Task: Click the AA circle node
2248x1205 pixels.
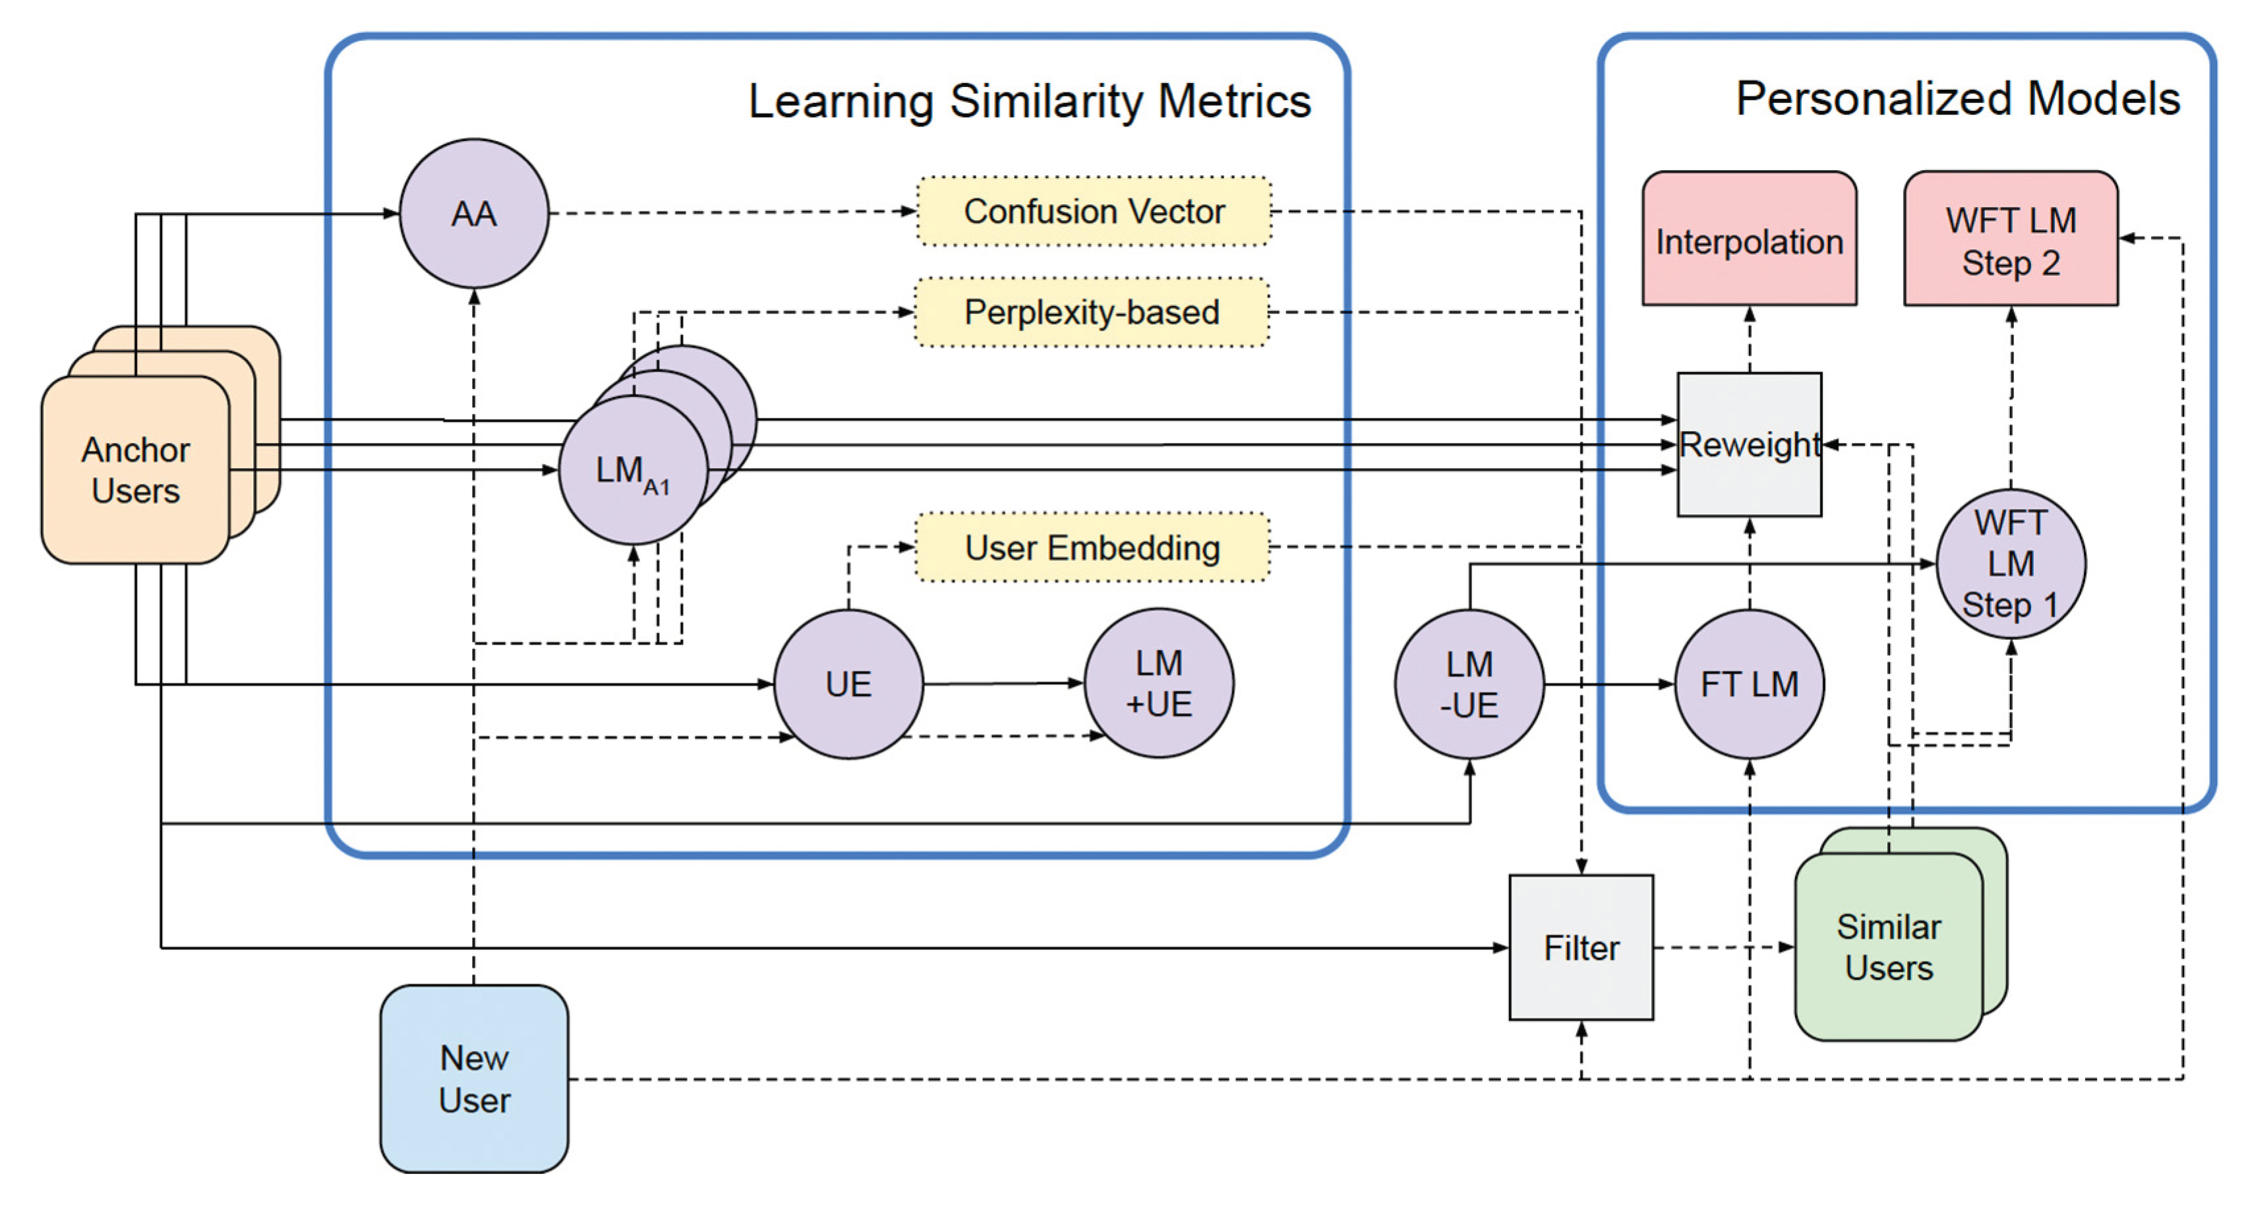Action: tap(474, 214)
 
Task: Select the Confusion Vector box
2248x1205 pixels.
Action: tap(1094, 211)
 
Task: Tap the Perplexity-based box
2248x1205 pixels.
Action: tap(1092, 312)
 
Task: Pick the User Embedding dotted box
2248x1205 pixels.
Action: tap(1092, 548)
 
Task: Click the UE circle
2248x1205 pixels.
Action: tap(848, 684)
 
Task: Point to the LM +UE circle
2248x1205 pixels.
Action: tap(1159, 684)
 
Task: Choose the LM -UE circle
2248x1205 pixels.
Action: tap(1469, 685)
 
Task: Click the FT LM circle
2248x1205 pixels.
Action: tap(1750, 685)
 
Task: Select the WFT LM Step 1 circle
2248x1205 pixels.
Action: tap(2011, 564)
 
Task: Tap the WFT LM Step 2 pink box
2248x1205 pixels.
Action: tap(2011, 239)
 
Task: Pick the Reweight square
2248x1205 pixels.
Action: tap(1750, 445)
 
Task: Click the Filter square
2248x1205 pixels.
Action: tap(1582, 948)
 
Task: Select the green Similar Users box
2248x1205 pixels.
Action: tap(1889, 948)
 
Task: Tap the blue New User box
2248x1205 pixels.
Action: tap(474, 1079)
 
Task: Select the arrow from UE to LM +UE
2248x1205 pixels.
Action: tap(1003, 683)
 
